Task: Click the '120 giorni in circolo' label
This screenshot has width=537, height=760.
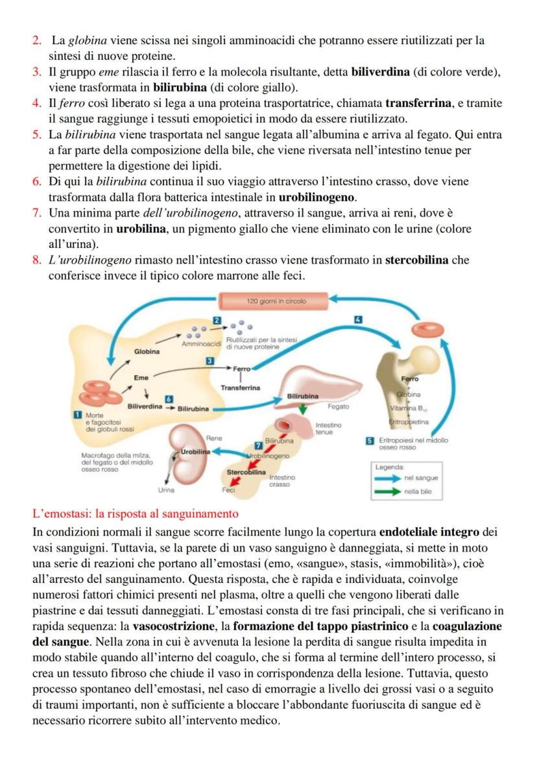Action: click(272, 301)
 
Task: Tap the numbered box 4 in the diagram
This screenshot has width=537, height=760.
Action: click(357, 319)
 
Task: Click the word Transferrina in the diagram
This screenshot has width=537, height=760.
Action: click(240, 387)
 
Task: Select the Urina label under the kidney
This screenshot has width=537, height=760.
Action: click(167, 490)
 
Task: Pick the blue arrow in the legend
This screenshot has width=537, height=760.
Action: click(388, 478)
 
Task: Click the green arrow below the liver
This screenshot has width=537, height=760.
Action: click(303, 408)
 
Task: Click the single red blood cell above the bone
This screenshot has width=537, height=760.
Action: click(428, 330)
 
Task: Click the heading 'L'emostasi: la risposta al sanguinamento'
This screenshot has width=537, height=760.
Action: click(135, 514)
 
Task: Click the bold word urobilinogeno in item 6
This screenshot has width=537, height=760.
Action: click(317, 197)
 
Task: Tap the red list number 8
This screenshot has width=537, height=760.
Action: click(37, 260)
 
